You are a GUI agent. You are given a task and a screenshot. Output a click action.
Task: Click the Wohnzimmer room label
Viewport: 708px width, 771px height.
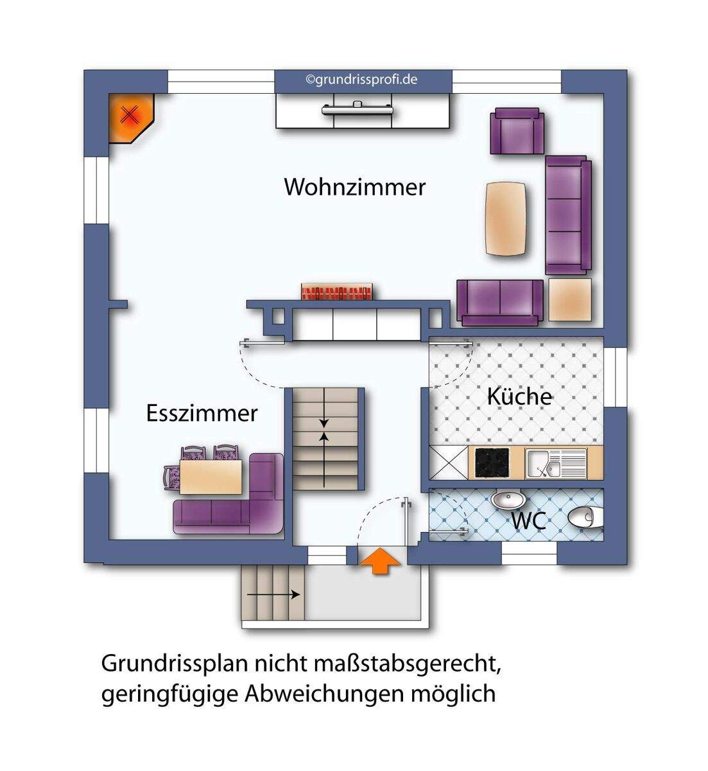[x=354, y=187]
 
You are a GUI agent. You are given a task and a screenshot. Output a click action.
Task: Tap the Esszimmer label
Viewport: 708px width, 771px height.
[x=202, y=412]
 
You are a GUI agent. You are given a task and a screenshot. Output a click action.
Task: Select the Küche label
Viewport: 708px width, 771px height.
[x=519, y=396]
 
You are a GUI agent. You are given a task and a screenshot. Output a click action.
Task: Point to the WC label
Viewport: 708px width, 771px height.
[x=528, y=520]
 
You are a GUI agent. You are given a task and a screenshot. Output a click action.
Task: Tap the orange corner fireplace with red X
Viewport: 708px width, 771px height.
[x=130, y=116]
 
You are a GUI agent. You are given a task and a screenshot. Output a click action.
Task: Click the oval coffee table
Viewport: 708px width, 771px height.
[x=507, y=218]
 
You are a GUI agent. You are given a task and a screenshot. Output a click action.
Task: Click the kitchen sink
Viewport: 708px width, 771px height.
[x=555, y=463]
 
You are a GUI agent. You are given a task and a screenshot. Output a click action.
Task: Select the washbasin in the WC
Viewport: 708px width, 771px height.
[x=507, y=499]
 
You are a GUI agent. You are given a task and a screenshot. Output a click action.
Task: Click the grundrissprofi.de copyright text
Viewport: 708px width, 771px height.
[x=362, y=80]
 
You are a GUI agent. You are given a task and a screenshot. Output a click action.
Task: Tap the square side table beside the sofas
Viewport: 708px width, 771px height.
[x=569, y=299]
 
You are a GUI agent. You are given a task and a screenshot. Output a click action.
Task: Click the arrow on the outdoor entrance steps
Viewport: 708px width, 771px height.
[x=273, y=595]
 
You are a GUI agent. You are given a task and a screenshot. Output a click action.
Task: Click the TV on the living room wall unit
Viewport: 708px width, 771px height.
[x=357, y=108]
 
